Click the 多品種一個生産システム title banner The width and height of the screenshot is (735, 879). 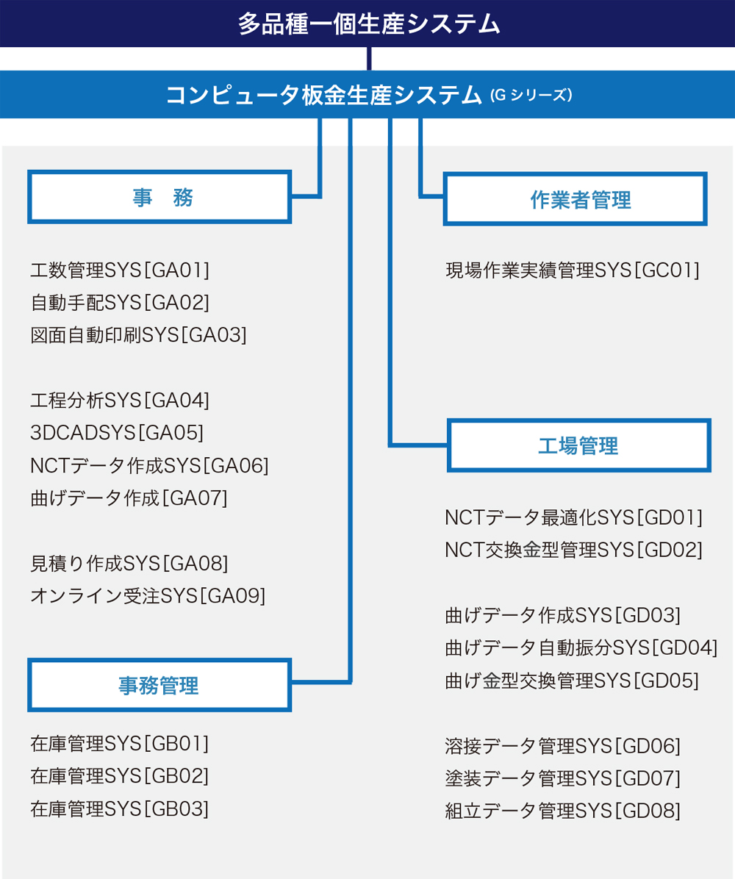tap(367, 24)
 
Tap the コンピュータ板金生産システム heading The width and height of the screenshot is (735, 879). tap(323, 95)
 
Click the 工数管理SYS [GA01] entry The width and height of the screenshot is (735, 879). tap(120, 270)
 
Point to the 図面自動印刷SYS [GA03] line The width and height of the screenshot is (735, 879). tap(138, 334)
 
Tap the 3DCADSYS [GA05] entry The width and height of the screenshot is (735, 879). tap(117, 432)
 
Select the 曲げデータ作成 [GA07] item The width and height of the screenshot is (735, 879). tap(129, 498)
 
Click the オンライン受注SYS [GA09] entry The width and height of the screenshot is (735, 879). tap(148, 595)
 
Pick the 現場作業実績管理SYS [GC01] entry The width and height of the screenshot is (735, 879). tap(573, 270)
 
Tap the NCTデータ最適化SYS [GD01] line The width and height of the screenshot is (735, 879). tap(573, 517)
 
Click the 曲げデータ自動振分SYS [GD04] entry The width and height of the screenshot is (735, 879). tap(581, 648)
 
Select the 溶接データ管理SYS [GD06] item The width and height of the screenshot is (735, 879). tap(563, 746)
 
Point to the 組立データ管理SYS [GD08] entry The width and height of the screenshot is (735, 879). tap(563, 811)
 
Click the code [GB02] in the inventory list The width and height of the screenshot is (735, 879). tap(176, 776)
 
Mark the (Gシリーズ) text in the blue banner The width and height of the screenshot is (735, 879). tap(531, 96)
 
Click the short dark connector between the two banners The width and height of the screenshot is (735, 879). tap(369, 59)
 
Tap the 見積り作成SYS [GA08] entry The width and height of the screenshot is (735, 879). tap(129, 563)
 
